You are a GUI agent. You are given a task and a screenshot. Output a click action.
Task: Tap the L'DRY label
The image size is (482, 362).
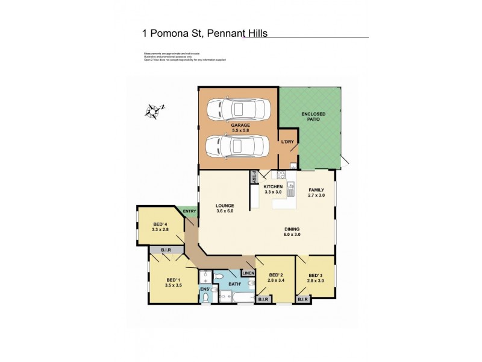pyautogui.click(x=287, y=142)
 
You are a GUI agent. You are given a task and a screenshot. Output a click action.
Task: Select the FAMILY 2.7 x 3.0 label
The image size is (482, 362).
pyautogui.click(x=316, y=192)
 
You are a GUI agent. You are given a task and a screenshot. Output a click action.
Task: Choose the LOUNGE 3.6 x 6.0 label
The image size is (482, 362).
pyautogui.click(x=225, y=208)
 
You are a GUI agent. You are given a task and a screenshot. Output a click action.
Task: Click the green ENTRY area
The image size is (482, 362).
pyautogui.click(x=189, y=211)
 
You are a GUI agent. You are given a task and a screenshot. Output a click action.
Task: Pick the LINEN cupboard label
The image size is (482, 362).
pyautogui.click(x=248, y=273)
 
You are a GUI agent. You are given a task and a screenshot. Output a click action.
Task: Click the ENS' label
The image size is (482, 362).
pyautogui.click(x=205, y=290)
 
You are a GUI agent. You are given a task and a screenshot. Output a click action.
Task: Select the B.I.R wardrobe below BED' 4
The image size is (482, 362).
pyautogui.click(x=161, y=249)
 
